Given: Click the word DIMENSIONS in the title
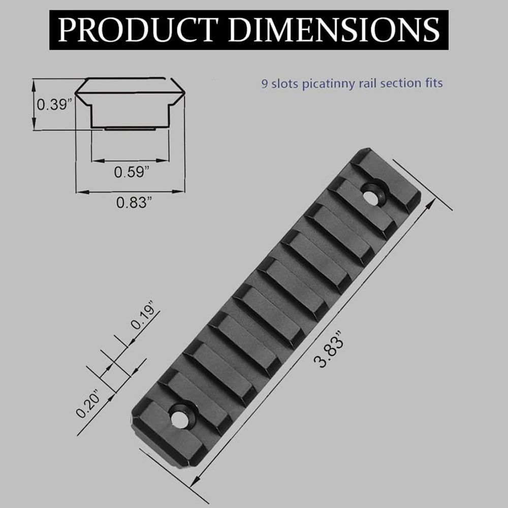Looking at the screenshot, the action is point(334,30).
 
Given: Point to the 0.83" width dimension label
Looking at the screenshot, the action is point(134,203).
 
